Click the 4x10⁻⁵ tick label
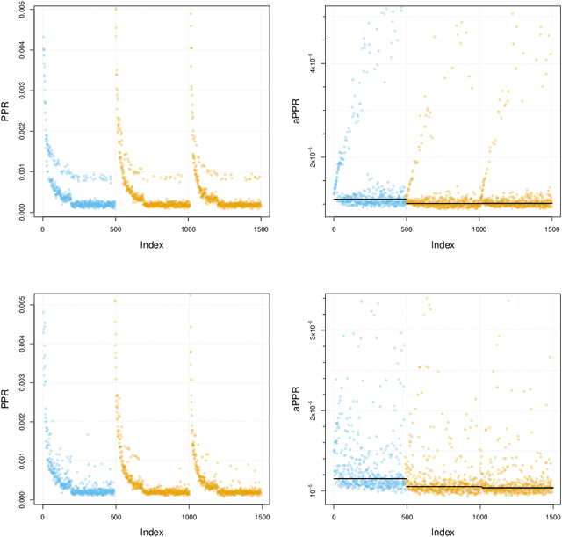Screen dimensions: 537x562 click(x=314, y=63)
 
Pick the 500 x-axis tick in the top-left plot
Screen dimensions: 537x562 click(x=115, y=229)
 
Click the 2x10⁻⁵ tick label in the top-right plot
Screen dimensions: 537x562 click(x=314, y=157)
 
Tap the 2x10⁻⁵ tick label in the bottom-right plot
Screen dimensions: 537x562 click(x=314, y=410)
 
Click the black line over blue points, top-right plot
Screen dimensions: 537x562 click(x=370, y=200)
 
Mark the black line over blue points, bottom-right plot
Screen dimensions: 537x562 click(x=370, y=479)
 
